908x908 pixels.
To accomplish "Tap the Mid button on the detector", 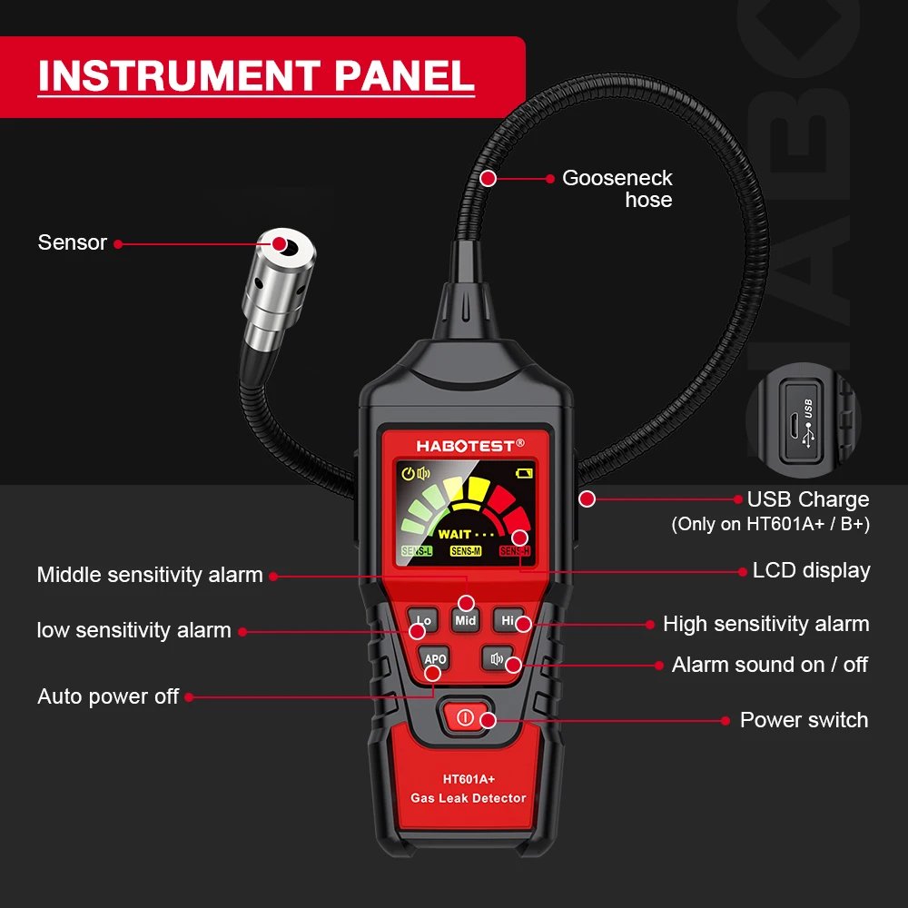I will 466,621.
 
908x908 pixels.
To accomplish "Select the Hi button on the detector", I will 508,620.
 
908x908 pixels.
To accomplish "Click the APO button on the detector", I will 435,659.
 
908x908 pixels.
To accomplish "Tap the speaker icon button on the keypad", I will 497,659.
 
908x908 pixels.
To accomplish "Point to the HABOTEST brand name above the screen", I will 466,445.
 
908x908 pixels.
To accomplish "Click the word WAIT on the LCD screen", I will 455,534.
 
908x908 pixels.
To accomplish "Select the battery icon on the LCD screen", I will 524,473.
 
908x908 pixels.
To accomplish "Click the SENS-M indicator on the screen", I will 466,551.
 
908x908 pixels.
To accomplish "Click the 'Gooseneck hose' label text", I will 618,189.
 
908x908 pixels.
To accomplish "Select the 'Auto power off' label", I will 108,697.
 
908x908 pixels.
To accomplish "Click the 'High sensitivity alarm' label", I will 765,624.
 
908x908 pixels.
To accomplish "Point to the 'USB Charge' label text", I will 807,499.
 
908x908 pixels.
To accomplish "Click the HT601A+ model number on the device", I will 469,778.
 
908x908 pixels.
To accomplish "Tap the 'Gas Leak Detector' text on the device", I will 469,798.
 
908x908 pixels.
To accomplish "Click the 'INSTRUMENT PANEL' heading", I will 256,76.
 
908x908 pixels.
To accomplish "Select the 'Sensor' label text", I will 73,242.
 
